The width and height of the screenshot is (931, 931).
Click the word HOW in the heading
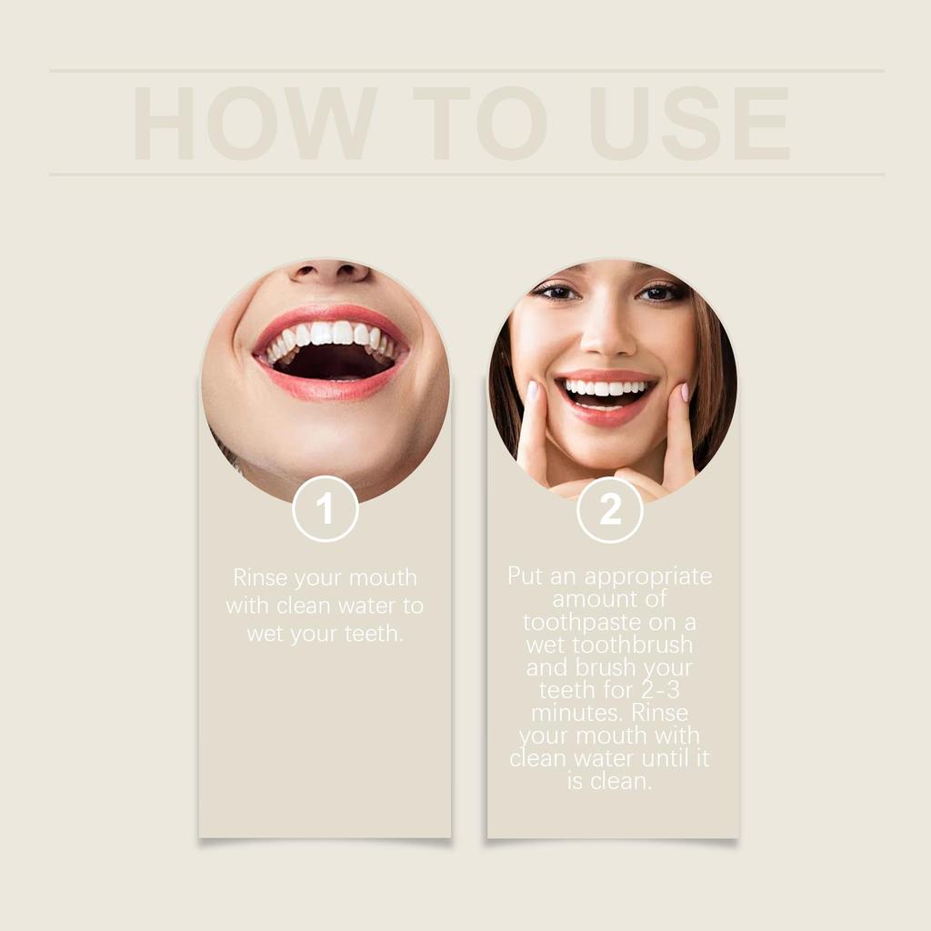click(255, 124)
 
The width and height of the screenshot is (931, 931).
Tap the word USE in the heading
click(689, 124)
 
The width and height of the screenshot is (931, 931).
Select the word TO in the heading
click(479, 124)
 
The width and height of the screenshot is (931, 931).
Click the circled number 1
click(325, 509)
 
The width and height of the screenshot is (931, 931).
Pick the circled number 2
click(610, 509)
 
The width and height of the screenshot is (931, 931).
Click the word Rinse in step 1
click(260, 577)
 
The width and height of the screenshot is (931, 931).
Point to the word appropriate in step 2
click(648, 576)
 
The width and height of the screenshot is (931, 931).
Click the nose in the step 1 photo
click(329, 271)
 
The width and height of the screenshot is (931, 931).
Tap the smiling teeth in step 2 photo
click(606, 388)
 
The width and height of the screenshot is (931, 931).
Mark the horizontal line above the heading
click(466, 70)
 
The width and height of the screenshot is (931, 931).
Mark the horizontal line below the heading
click(466, 174)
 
